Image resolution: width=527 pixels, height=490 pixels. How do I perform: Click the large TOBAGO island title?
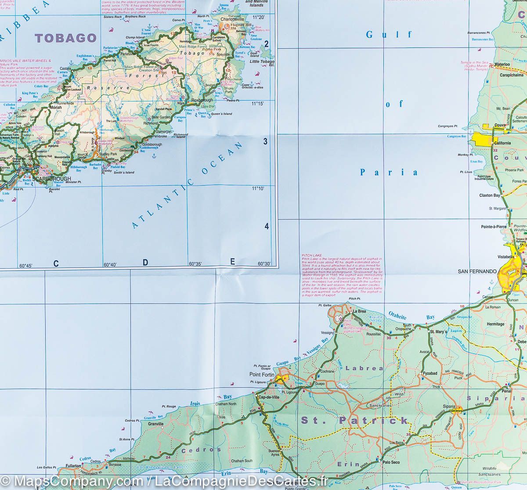click(65, 38)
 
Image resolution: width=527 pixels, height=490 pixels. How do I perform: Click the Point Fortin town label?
click(261, 375)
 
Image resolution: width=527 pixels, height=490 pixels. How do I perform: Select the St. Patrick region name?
click(354, 420)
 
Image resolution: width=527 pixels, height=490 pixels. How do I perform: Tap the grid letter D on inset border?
click(145, 263)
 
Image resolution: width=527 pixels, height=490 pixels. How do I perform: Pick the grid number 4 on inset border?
click(266, 227)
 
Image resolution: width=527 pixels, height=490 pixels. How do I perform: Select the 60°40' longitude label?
click(110, 265)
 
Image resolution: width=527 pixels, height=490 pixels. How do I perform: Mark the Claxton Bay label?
click(489, 195)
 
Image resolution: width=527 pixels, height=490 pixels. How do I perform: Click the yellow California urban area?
click(483, 140)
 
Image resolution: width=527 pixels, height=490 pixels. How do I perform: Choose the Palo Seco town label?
click(391, 462)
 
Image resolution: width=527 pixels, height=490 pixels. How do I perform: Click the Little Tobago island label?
click(262, 62)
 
